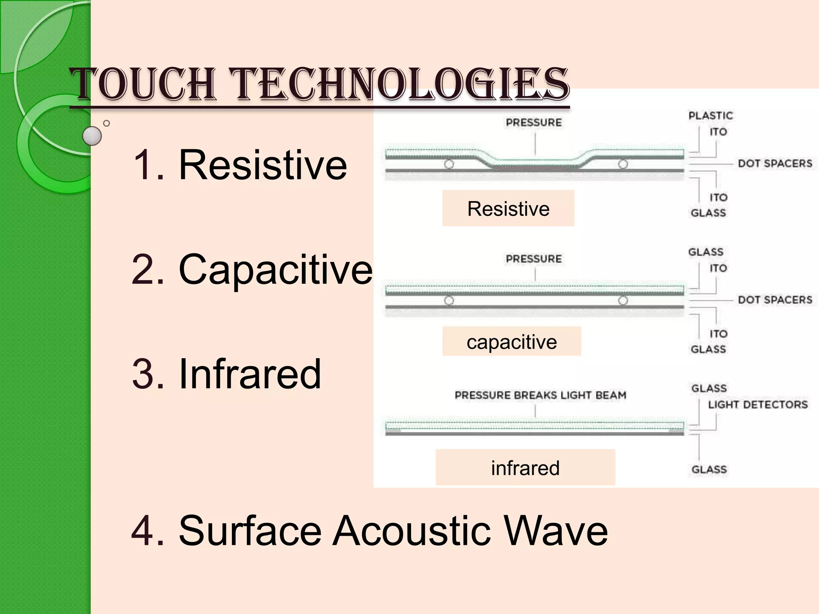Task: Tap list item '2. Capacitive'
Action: coord(252,269)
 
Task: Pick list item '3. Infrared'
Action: coord(226,374)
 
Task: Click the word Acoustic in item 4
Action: coord(412,530)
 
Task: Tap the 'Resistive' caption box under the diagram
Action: coord(508,208)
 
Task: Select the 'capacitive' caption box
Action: coord(511,342)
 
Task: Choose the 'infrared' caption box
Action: coord(525,468)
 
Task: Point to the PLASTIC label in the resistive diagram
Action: coord(711,116)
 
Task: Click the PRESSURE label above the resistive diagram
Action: coord(534,122)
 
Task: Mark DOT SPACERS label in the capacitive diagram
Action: coord(775,300)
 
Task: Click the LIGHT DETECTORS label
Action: coord(758,405)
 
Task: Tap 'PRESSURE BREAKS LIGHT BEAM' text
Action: coord(540,395)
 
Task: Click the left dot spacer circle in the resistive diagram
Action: coord(449,164)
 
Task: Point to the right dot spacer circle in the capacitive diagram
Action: coord(623,300)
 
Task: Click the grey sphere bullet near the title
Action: coord(92,136)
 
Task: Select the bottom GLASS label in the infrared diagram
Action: coord(709,469)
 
